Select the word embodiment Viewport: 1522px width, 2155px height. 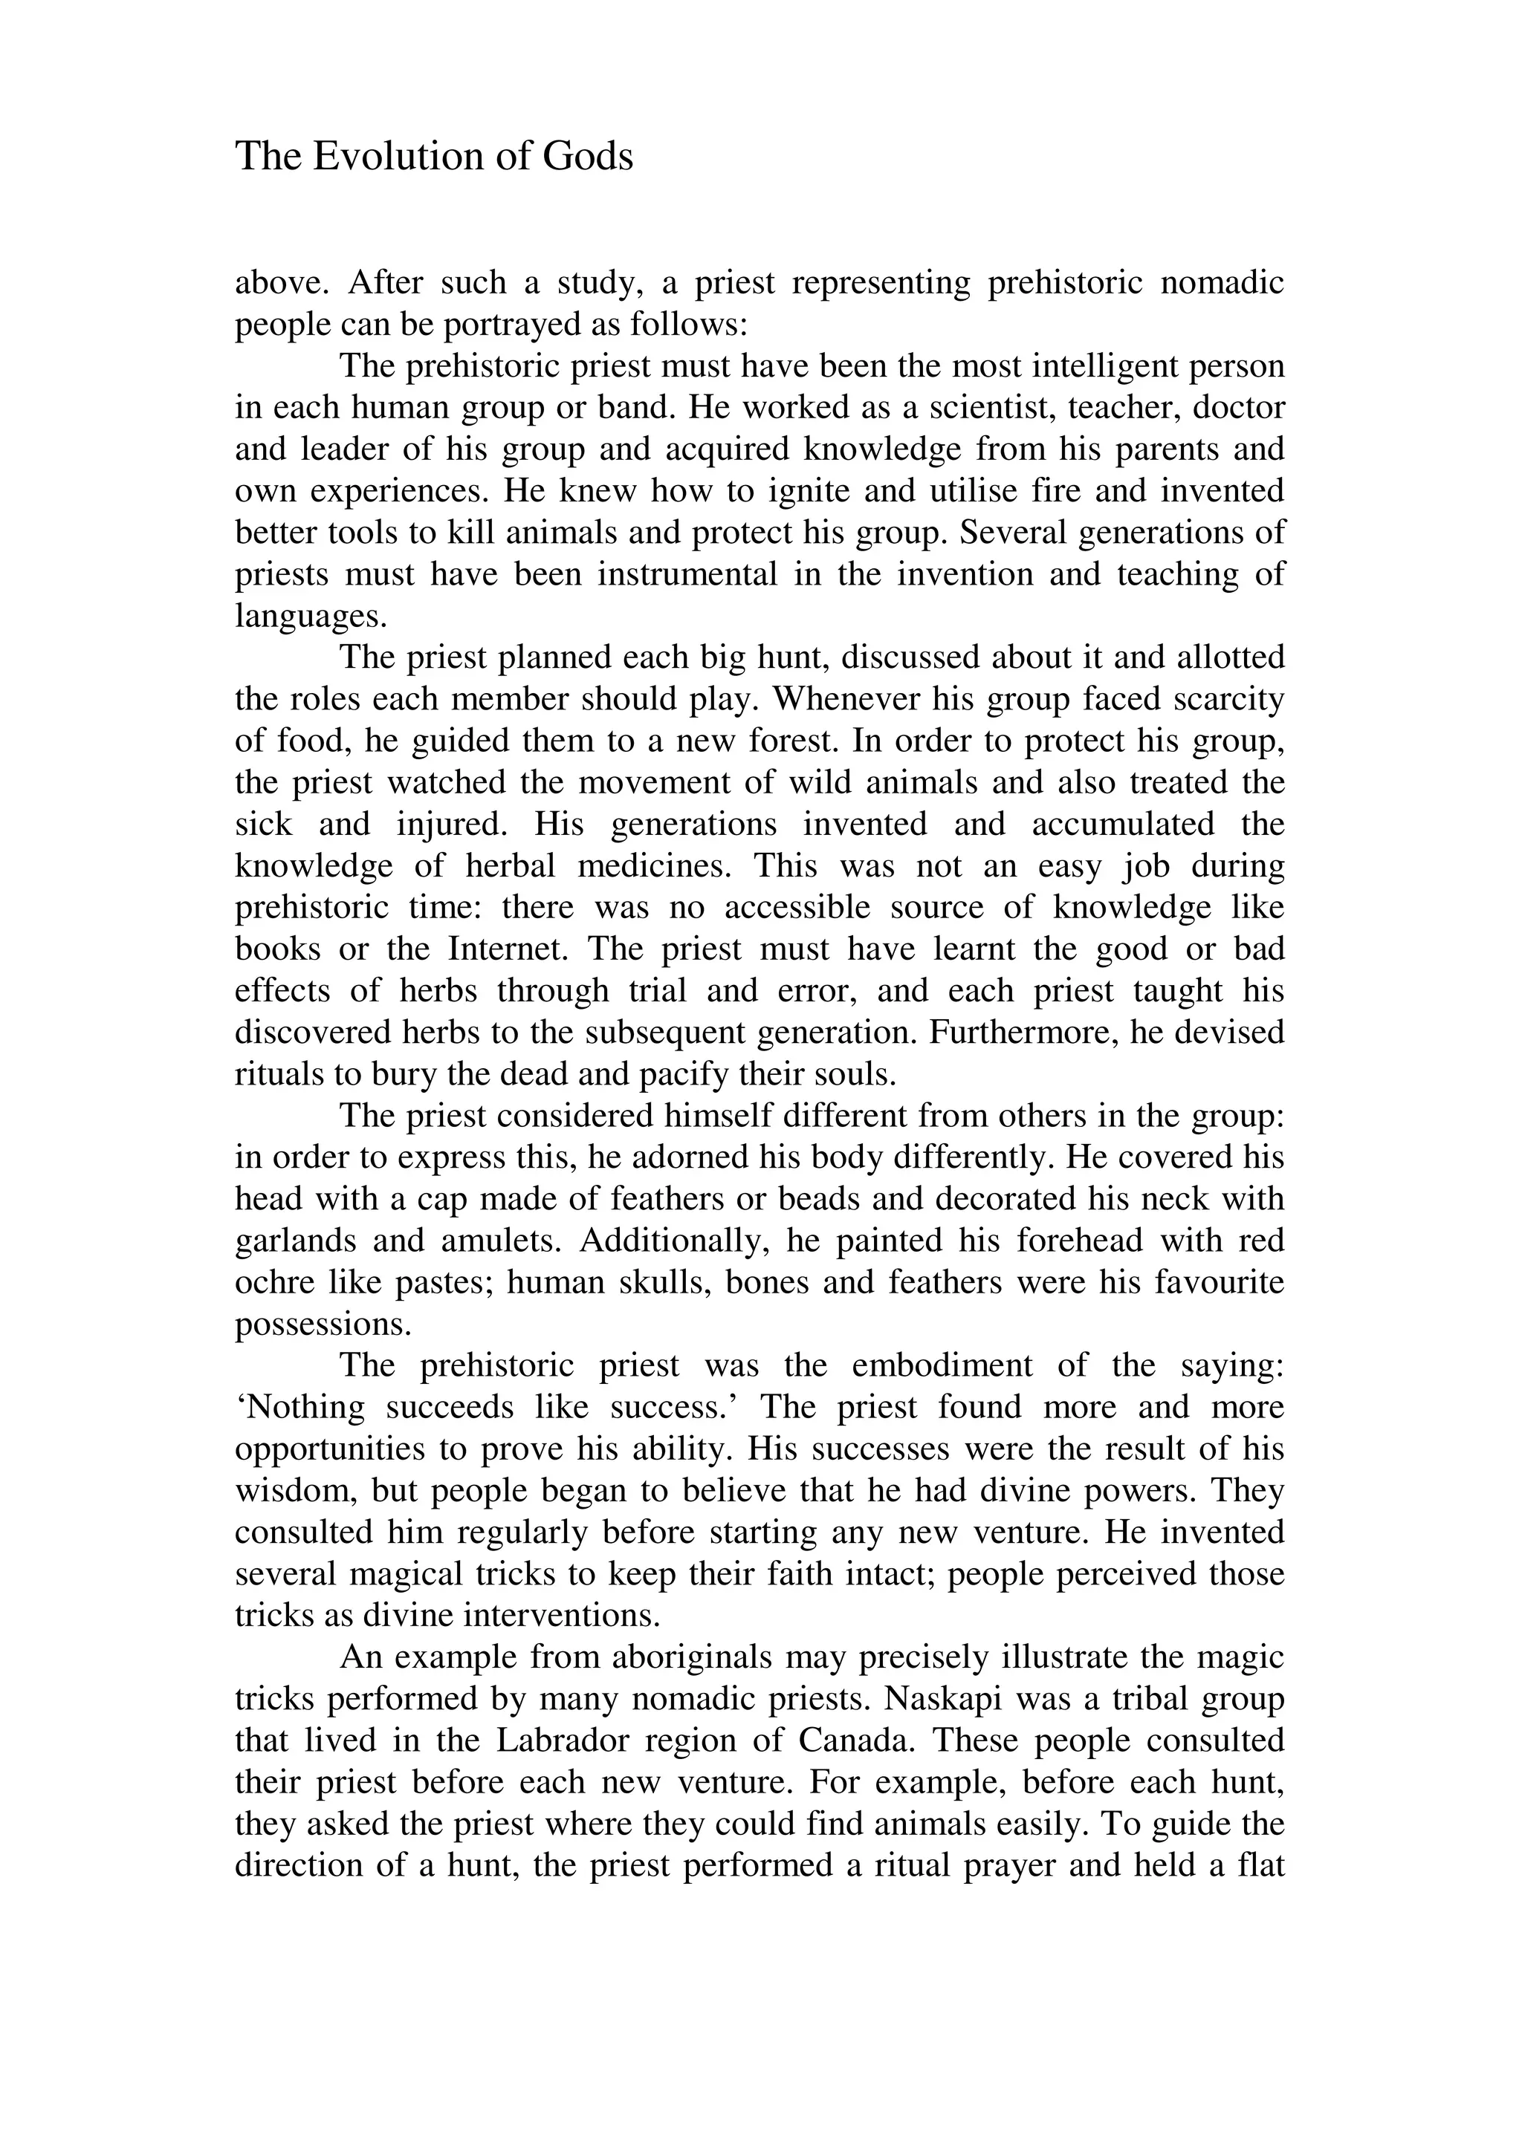(942, 1365)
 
